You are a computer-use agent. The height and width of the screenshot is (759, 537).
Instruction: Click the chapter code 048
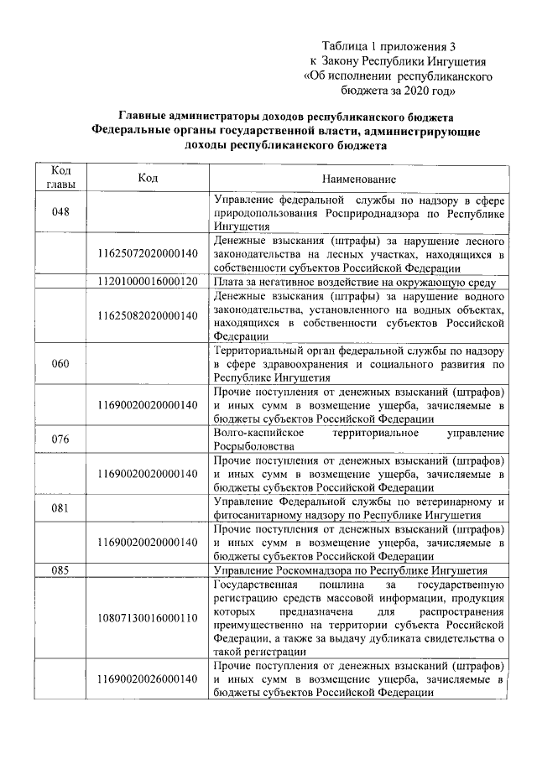(60, 212)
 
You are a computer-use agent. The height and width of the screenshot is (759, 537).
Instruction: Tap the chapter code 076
(60, 439)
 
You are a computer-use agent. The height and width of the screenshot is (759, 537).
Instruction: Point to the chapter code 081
(60, 507)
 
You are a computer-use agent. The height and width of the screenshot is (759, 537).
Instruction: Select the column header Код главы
(60, 178)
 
